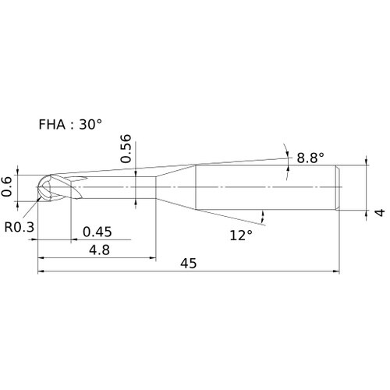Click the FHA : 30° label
pyautogui.click(x=70, y=124)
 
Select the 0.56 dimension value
pyautogui.click(x=126, y=148)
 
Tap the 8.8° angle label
pyautogui.click(x=310, y=158)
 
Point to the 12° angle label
pyautogui.click(x=241, y=236)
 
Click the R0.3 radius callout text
pyautogui.click(x=19, y=227)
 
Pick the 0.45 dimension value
pyautogui.click(x=97, y=232)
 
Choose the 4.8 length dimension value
pyautogui.click(x=99, y=250)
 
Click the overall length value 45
pyautogui.click(x=189, y=264)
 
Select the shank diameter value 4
pyautogui.click(x=381, y=212)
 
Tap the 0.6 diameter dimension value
pyautogui.click(x=6, y=186)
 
